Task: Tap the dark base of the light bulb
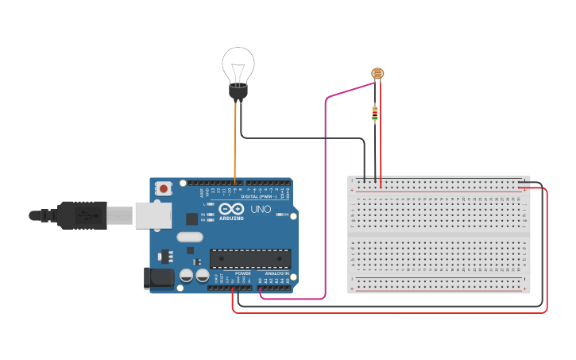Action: point(238,91)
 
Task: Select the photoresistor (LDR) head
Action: point(377,74)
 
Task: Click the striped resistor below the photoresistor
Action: point(375,114)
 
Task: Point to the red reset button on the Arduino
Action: point(164,188)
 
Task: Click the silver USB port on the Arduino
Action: point(153,215)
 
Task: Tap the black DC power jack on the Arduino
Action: point(158,277)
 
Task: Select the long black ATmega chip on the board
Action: point(250,258)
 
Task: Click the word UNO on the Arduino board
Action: point(261,210)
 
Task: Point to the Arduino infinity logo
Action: point(230,207)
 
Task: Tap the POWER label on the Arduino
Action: point(243,273)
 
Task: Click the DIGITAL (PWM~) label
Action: point(260,196)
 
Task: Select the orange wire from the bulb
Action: point(235,143)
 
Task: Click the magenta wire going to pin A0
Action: point(325,199)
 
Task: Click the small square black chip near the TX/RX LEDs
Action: point(191,219)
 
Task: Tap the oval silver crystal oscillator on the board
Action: point(190,236)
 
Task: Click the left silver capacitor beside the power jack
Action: point(186,275)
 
